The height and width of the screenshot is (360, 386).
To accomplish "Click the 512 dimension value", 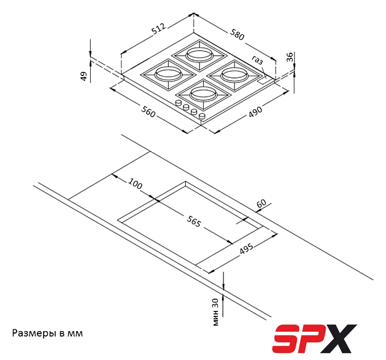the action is click(159, 29).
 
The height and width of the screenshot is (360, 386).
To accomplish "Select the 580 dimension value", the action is click(237, 34).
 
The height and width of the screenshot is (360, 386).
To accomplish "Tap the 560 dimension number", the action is click(148, 111).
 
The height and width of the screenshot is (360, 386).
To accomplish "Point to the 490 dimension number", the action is click(255, 112).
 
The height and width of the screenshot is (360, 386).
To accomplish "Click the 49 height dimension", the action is click(83, 76).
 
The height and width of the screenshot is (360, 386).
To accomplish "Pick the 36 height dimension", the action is click(290, 57).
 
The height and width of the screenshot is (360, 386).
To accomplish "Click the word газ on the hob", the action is click(258, 59).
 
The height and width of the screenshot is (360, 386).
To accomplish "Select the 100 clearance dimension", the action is click(135, 184).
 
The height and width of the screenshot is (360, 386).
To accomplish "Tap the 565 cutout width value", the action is click(194, 221).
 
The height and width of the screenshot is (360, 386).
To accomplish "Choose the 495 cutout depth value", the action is click(247, 248).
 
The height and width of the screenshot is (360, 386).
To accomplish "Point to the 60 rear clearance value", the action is click(261, 203).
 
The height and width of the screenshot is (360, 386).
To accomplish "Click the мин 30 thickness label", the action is click(215, 312).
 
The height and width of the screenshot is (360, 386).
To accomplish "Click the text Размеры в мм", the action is click(47, 333).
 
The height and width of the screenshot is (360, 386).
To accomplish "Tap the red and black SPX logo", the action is click(314, 339).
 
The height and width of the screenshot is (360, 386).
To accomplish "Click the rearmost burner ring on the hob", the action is click(199, 54).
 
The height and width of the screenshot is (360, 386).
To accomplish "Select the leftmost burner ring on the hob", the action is click(169, 74).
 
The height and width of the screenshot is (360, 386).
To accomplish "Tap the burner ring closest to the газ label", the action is click(234, 75).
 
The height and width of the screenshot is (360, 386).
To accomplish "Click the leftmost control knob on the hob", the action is click(178, 104).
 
